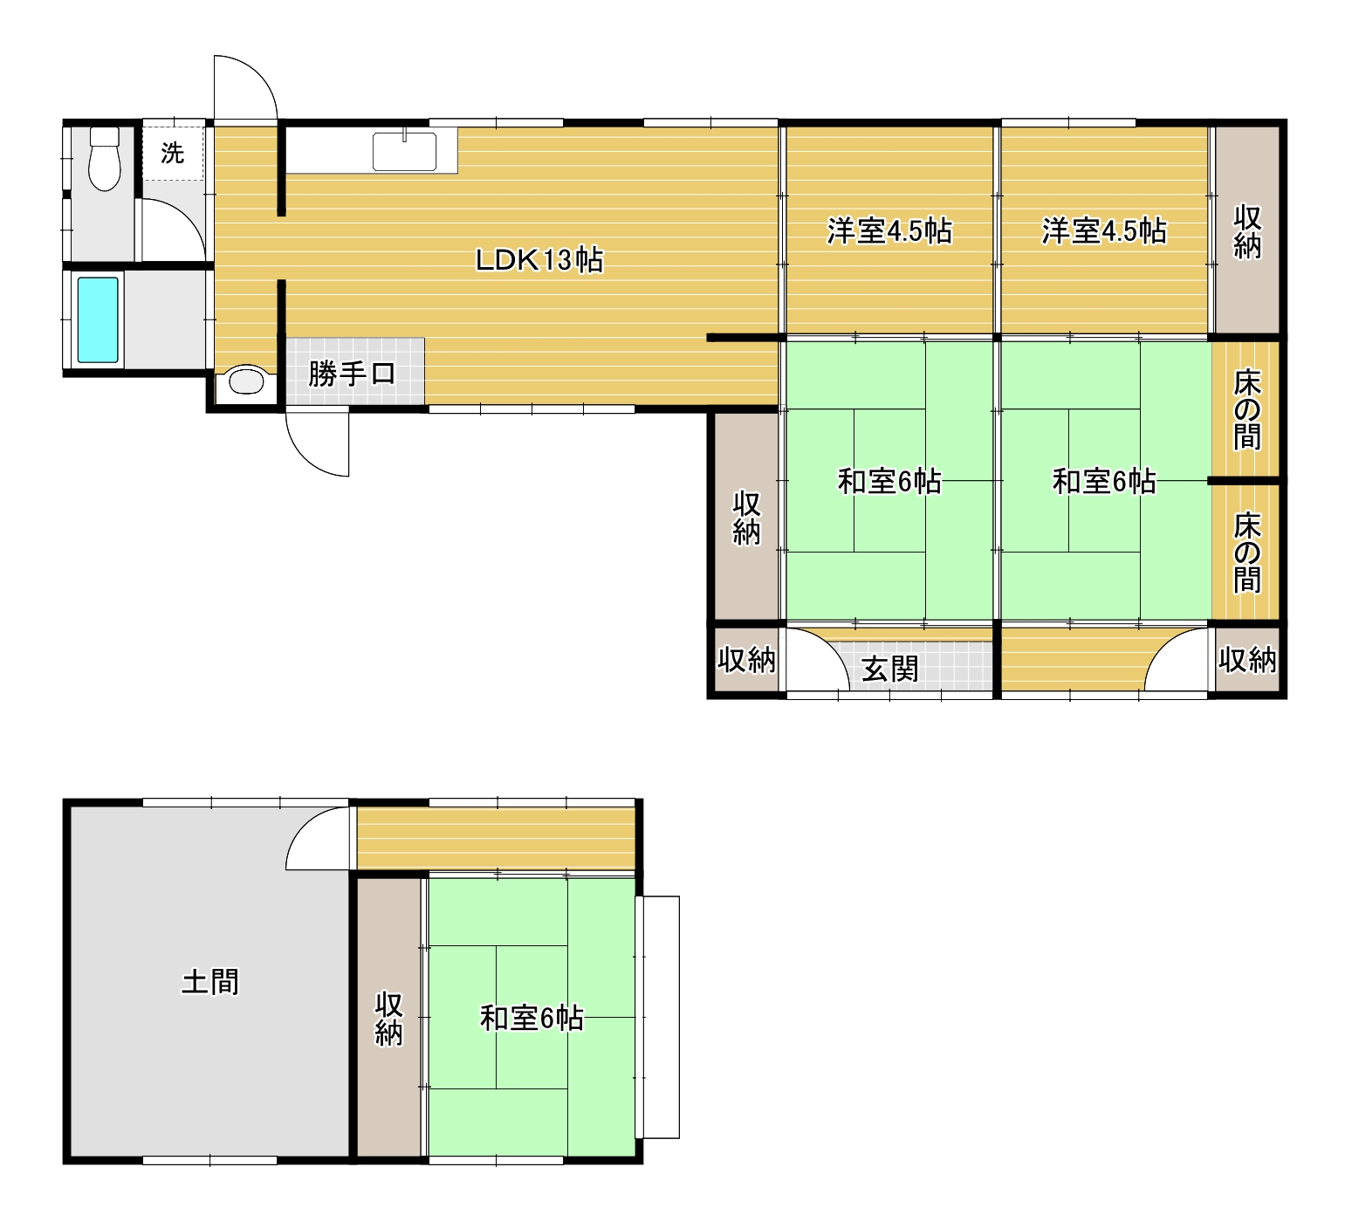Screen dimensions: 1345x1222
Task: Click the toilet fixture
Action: pos(104,158)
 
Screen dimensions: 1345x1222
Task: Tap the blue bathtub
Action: pos(98,319)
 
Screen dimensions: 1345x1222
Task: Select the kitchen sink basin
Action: pos(404,151)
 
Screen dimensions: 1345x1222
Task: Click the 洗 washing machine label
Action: pos(173,154)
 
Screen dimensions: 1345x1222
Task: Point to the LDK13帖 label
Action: pos(539,260)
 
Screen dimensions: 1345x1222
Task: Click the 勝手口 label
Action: pos(352,374)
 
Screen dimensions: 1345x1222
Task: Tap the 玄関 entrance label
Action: pos(889,669)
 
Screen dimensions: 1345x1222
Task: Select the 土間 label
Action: pos(209,982)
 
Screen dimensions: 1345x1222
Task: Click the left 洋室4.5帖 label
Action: pos(889,231)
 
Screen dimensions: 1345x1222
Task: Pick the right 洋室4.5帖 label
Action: pos(1104,231)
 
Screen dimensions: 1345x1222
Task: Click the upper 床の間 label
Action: pos(1247,409)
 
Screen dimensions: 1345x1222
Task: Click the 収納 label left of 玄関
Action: pos(746,660)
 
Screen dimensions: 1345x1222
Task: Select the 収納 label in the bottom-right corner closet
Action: pos(1247,660)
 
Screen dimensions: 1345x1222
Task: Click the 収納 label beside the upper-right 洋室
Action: pos(1247,231)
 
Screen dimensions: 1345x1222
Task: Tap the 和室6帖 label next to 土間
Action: pos(532,1018)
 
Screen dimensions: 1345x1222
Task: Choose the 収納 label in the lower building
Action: pos(389,1018)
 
